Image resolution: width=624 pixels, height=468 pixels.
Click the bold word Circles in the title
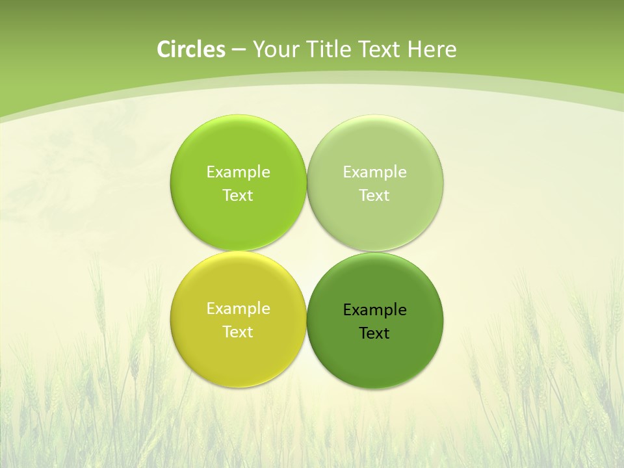pos(190,49)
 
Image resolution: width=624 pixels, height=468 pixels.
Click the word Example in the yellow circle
pos(238,309)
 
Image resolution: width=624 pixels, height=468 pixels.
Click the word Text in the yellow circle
pos(238,332)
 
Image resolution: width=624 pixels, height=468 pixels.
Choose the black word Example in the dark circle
pos(375,310)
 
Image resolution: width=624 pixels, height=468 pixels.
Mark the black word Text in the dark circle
pos(374,333)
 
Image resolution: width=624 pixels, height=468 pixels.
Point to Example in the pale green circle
pos(375,172)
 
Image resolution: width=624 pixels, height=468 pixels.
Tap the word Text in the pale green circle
pos(374,196)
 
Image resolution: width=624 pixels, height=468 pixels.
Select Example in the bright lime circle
pos(238,172)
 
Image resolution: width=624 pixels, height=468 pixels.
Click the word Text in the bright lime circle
pos(238,196)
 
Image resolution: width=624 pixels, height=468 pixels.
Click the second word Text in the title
pos(380,49)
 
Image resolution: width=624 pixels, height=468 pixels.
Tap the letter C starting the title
pos(164,49)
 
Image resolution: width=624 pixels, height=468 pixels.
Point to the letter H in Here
pos(414,49)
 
